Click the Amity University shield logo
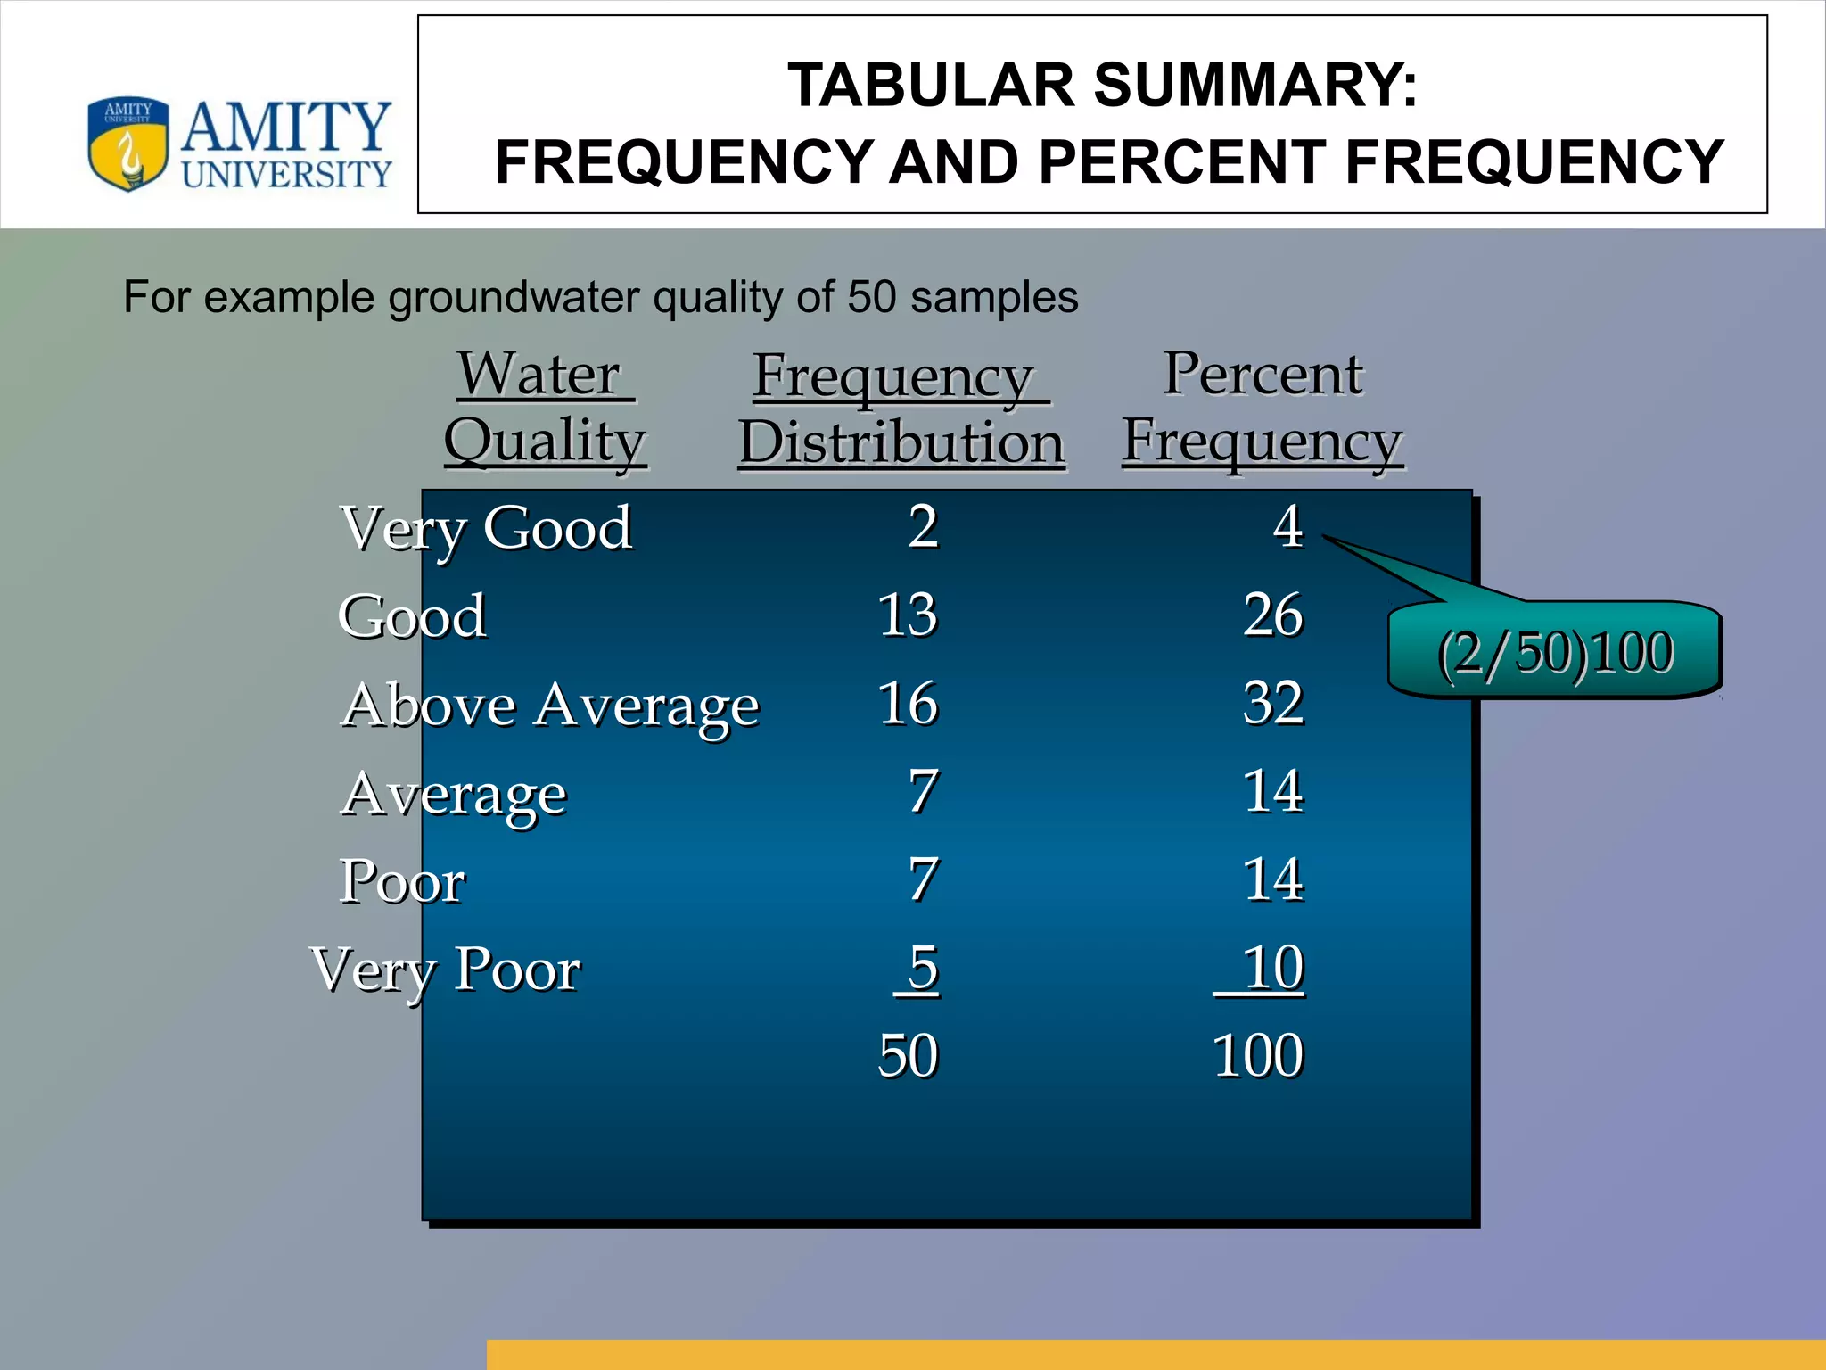(127, 143)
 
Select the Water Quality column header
(544, 408)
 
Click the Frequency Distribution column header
(901, 409)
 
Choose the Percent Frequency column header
(1262, 408)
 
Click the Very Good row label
(487, 528)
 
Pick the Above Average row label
(550, 706)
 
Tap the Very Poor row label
(446, 970)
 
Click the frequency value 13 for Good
(908, 615)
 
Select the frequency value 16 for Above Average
(908, 704)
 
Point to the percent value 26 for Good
(1273, 615)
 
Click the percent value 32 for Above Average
(1273, 704)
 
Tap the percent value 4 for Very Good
(1287, 526)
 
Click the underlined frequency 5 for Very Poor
(923, 968)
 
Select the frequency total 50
(908, 1056)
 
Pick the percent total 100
(1258, 1056)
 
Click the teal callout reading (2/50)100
(1555, 652)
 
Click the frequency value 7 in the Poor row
(923, 879)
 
